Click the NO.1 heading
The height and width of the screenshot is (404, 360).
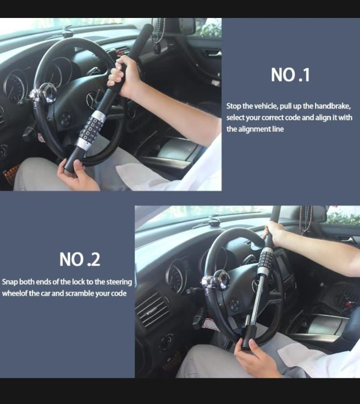(x=290, y=75)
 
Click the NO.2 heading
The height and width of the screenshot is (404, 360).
(x=80, y=259)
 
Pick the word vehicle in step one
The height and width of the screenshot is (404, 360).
(x=263, y=106)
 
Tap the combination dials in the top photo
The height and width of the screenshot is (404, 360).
(x=90, y=129)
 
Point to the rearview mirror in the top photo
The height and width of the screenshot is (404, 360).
(x=187, y=25)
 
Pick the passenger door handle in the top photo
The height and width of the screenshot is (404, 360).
(x=213, y=53)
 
